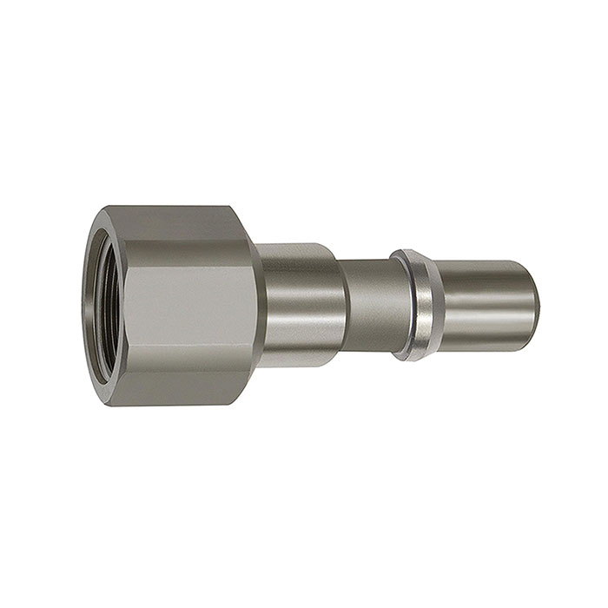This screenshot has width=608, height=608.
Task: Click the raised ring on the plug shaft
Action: coord(413,304)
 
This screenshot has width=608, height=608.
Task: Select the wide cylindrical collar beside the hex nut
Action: coord(300,304)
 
